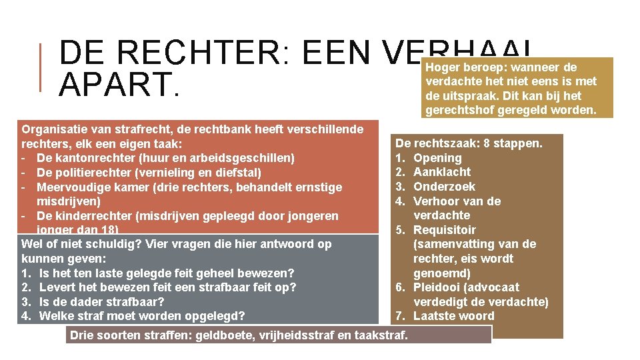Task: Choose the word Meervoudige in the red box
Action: click(75, 187)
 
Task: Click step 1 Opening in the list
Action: click(437, 158)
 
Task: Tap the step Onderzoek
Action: click(444, 187)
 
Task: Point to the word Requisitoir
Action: click(445, 230)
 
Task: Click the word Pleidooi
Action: click(437, 287)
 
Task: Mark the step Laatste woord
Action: click(453, 316)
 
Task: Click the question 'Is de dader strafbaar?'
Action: click(101, 301)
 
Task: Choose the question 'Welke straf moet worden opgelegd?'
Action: click(142, 316)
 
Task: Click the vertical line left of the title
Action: click(41, 67)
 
